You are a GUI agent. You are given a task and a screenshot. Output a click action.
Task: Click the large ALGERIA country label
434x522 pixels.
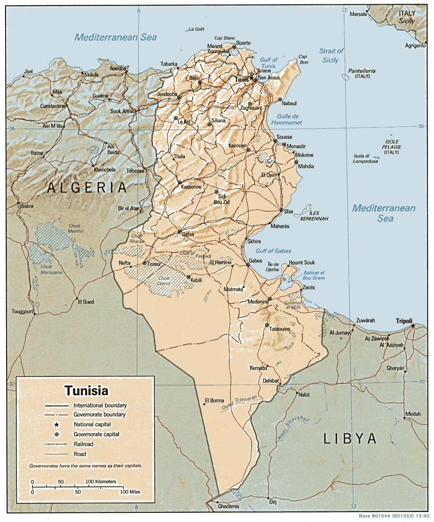[x=87, y=188]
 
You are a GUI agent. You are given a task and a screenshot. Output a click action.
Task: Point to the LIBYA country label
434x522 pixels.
[x=350, y=438]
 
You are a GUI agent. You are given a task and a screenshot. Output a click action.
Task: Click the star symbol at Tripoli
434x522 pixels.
[x=413, y=326]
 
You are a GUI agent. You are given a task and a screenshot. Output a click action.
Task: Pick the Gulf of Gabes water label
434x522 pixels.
[x=273, y=251]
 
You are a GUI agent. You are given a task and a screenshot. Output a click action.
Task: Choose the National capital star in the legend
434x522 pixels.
[x=57, y=424]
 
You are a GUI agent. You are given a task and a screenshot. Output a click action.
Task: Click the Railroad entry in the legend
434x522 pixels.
[x=83, y=444]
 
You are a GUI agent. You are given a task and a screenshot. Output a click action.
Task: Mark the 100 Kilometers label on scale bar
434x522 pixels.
[x=100, y=482]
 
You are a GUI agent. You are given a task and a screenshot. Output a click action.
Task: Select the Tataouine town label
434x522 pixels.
[x=280, y=329]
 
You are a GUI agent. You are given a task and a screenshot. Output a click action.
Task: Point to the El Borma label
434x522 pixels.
[x=214, y=400]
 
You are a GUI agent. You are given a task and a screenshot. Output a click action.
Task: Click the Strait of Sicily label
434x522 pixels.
[x=331, y=55]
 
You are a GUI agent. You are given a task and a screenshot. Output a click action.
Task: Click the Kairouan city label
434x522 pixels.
[x=237, y=146]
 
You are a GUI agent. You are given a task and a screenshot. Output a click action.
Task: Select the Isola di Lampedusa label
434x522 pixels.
[x=366, y=159]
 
